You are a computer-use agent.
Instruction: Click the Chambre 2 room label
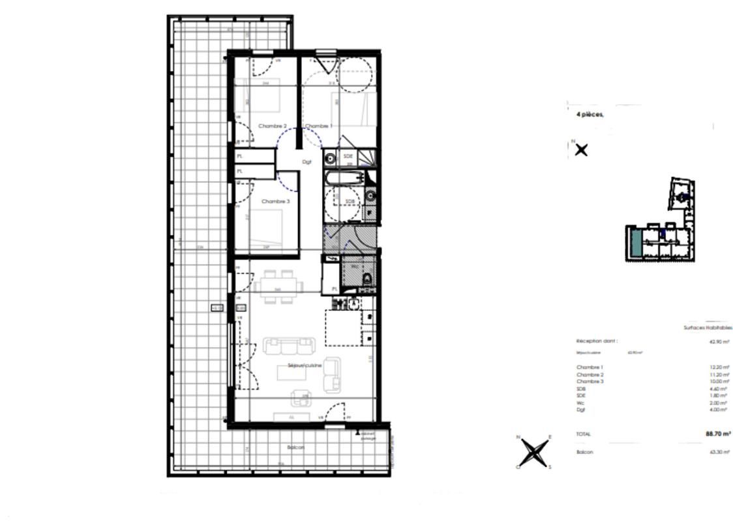click(x=272, y=126)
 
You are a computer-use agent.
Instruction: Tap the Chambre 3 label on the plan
click(x=275, y=201)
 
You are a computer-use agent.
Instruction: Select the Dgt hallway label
click(x=307, y=162)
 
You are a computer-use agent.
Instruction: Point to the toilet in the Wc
click(x=366, y=281)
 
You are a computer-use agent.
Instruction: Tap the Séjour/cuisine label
click(x=305, y=366)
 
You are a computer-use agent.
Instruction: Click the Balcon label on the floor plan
click(x=295, y=447)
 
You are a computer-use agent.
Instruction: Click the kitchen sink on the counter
click(x=353, y=303)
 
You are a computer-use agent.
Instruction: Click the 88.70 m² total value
click(x=717, y=433)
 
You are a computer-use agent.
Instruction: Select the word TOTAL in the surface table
click(x=584, y=434)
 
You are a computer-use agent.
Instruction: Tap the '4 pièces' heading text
click(x=590, y=115)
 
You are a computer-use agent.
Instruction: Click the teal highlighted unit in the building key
click(x=635, y=242)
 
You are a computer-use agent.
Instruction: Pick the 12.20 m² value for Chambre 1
click(x=719, y=367)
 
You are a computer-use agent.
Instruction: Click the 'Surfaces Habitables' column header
click(x=707, y=328)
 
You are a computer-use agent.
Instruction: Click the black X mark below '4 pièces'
click(x=581, y=150)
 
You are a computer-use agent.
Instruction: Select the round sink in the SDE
click(x=330, y=157)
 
